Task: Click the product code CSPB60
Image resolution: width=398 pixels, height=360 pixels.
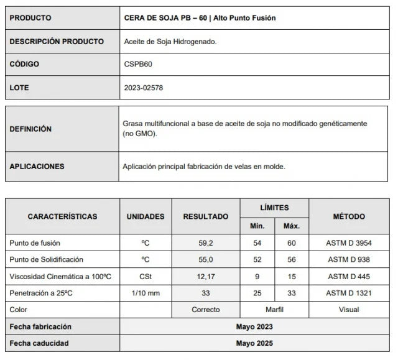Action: click(x=138, y=65)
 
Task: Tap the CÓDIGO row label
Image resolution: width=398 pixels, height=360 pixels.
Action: click(x=25, y=65)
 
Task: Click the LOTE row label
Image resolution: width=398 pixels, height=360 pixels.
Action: click(x=20, y=88)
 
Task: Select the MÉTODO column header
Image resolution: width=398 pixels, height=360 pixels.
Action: click(x=349, y=216)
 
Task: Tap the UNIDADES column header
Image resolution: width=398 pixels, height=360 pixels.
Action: click(x=146, y=216)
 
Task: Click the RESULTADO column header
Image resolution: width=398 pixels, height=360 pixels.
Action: click(x=205, y=216)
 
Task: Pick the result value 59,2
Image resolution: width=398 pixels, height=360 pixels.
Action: click(x=205, y=242)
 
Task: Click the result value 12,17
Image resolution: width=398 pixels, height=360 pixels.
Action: click(x=205, y=276)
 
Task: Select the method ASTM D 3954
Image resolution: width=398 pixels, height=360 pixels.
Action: click(x=349, y=242)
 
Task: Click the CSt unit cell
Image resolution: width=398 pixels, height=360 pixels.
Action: click(x=146, y=276)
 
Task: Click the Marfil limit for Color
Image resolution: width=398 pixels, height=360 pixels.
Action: click(x=274, y=309)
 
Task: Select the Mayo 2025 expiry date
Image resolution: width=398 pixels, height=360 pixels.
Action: click(x=254, y=343)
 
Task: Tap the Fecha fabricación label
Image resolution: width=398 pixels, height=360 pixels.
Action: click(x=40, y=326)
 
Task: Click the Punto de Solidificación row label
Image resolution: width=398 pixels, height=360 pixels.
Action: click(x=47, y=259)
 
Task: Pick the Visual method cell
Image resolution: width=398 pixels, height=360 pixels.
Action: click(x=349, y=309)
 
